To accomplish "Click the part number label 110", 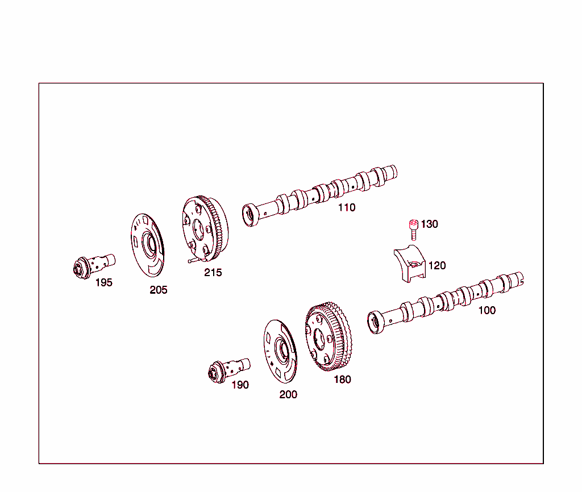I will [347, 207].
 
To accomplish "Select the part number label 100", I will [487, 310].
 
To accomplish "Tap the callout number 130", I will [430, 224].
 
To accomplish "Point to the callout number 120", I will [437, 265].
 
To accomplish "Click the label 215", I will [213, 273].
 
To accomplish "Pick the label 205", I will [159, 290].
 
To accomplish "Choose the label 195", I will [103, 282].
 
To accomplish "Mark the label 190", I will [240, 385].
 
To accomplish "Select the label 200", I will [288, 394].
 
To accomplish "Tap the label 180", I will [342, 380].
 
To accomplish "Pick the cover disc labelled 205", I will [147, 245].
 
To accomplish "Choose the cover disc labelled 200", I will [280, 351].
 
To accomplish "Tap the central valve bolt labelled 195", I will [93, 264].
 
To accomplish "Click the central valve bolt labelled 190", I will [228, 369].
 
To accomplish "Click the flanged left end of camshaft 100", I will [375, 322].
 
